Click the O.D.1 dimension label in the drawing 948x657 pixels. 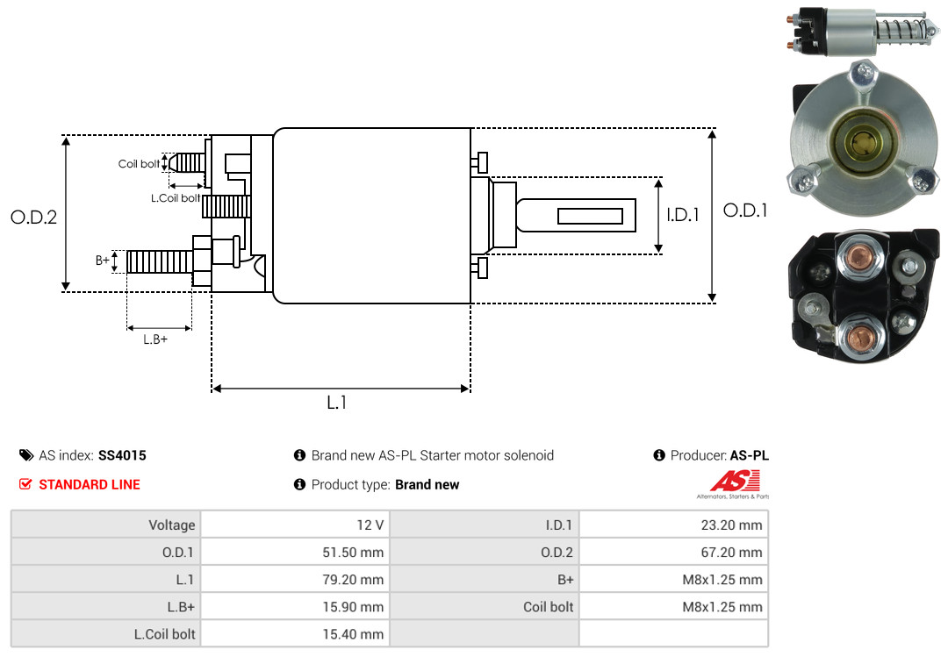click(745, 211)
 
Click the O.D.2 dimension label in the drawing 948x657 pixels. click(33, 217)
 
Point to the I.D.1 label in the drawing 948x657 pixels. click(682, 214)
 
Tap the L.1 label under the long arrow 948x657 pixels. click(337, 403)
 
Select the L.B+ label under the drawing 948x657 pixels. click(155, 339)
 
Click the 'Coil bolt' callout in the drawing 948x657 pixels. click(139, 164)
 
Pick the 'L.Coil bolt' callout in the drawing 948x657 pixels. click(176, 198)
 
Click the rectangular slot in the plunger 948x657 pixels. click(590, 216)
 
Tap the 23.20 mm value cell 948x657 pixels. click(672, 525)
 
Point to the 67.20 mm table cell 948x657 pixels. click(672, 553)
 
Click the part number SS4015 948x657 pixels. click(122, 455)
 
